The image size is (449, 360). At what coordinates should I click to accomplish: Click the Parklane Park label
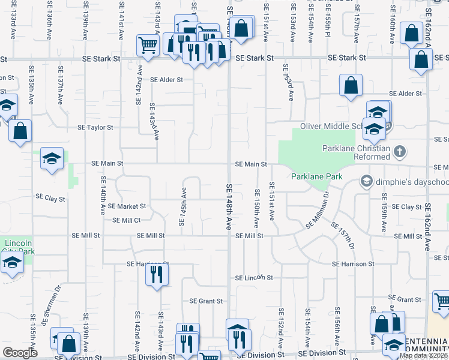316,176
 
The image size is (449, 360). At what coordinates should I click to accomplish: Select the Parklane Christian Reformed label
356,152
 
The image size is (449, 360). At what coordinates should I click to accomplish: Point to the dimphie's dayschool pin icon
366,181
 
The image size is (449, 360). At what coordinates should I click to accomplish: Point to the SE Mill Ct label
126,220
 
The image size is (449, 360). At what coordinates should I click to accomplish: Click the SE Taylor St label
95,127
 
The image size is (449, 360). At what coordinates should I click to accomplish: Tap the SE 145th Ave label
183,207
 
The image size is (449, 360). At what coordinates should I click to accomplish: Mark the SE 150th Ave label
257,208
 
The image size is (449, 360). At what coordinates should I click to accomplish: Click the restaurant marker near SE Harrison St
156,275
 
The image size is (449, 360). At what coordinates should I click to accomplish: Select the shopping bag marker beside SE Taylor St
20,131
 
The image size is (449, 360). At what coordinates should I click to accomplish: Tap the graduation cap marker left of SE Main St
52,159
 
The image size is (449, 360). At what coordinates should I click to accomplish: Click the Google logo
20,353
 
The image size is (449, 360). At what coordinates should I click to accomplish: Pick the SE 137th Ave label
61,91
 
